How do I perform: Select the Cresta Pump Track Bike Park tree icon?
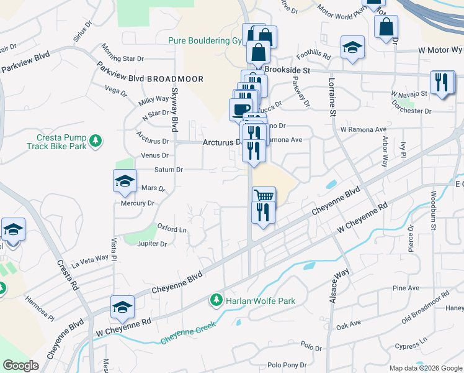point(95,141)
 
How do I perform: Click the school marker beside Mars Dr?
point(125,181)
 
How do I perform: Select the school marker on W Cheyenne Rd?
point(123,307)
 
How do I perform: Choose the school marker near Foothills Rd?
point(352,47)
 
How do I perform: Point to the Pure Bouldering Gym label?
point(205,41)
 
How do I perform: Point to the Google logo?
point(20,366)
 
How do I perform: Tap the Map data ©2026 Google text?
point(426,368)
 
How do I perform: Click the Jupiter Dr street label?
point(152,244)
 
